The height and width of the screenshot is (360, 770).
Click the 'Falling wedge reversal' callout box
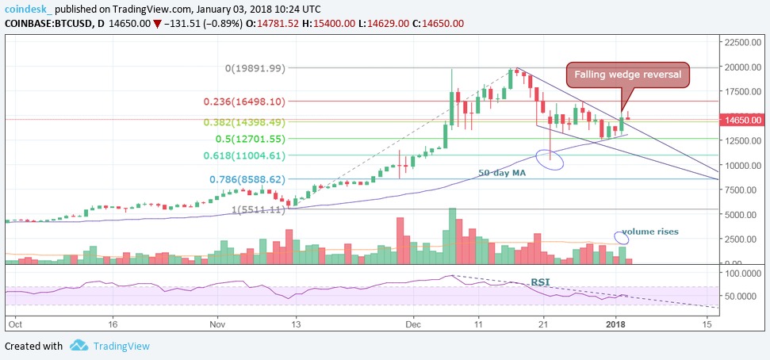point(627,75)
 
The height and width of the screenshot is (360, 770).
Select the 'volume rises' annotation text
point(650,232)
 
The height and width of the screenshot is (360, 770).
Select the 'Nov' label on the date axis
point(220,324)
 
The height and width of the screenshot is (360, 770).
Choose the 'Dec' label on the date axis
point(413,324)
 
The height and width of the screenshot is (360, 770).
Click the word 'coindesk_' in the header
point(29,8)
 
